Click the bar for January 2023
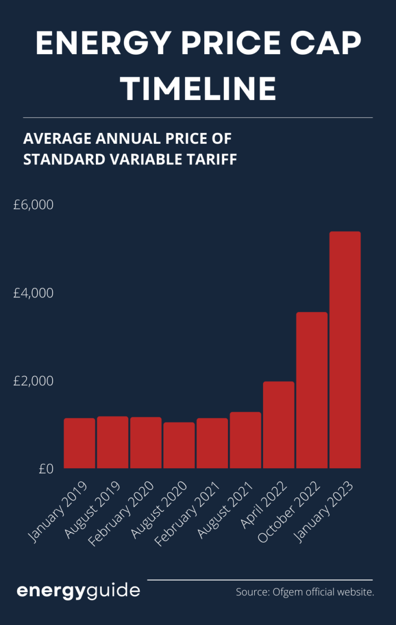pyautogui.click(x=345, y=350)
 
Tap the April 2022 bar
pyautogui.click(x=278, y=425)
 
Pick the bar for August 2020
pyautogui.click(x=179, y=446)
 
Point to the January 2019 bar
pyautogui.click(x=79, y=444)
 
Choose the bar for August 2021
pyautogui.click(x=245, y=441)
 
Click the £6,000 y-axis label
pyautogui.click(x=34, y=205)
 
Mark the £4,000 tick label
pyautogui.click(x=34, y=293)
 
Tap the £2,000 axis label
pyautogui.click(x=34, y=381)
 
